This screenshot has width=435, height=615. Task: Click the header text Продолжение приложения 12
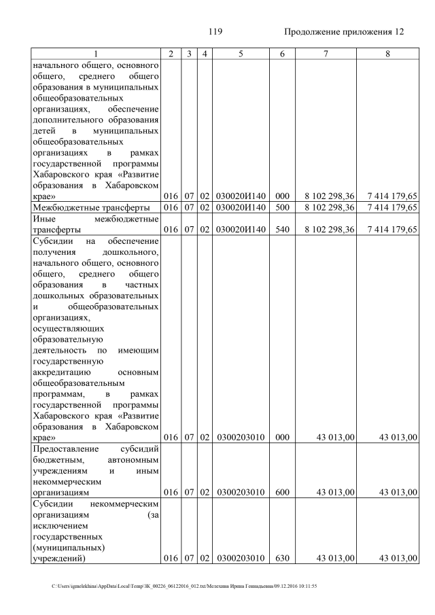coord(343,32)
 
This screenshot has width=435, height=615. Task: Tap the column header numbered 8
coord(387,53)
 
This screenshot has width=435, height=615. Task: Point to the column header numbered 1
coord(96,53)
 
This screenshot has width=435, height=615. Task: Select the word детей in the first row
coord(44,130)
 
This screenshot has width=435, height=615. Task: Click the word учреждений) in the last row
coord(58,558)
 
